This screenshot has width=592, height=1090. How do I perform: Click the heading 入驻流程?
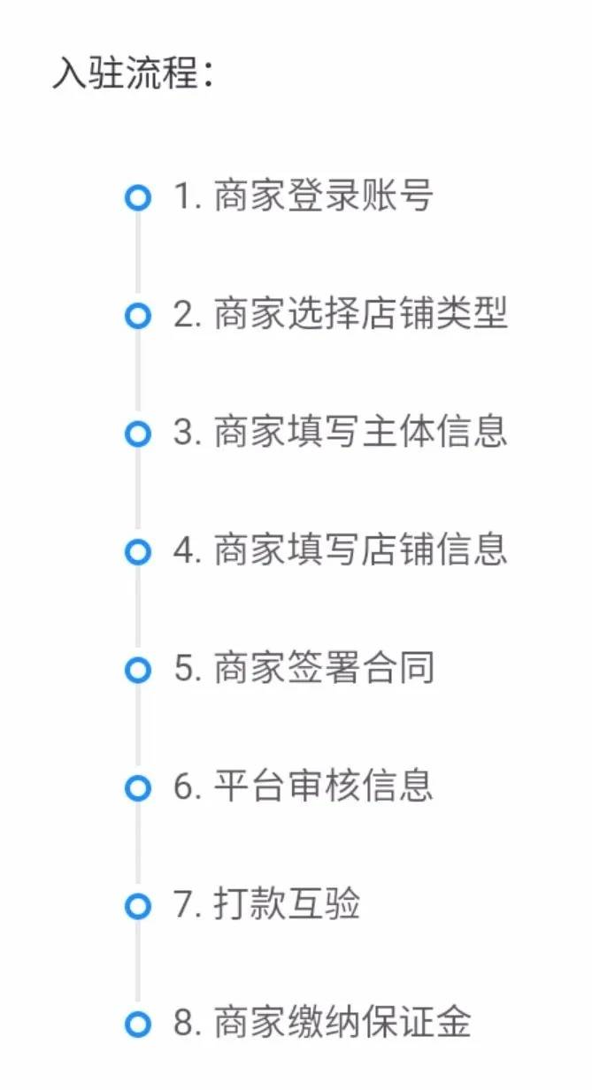click(x=125, y=73)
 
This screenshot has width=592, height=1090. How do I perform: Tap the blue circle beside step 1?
click(x=138, y=197)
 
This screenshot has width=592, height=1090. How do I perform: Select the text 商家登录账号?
click(x=323, y=196)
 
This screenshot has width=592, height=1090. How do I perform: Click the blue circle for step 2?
click(x=138, y=316)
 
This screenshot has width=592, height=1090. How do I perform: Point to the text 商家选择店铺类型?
click(x=361, y=313)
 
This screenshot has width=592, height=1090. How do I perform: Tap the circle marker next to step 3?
click(x=138, y=434)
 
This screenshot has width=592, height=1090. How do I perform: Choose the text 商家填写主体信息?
click(x=361, y=431)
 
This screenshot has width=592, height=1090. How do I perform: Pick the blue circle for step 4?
click(x=138, y=552)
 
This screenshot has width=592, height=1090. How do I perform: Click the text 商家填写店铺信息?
click(x=361, y=549)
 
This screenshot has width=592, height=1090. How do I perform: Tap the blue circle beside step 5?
click(x=138, y=670)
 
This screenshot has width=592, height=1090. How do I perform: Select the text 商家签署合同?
click(x=324, y=667)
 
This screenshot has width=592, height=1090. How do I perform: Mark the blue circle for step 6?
click(x=138, y=788)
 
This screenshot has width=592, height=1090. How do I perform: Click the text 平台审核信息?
click(x=323, y=786)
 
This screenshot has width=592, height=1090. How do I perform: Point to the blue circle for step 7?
click(x=138, y=906)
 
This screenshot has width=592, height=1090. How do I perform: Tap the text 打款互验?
click(x=287, y=903)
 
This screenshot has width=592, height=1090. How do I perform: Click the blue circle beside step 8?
click(x=138, y=1025)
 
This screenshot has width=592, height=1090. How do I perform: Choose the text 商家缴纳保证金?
click(x=342, y=1021)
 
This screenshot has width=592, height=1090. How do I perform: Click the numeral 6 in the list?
click(x=183, y=787)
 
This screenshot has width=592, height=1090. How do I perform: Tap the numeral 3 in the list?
click(x=183, y=433)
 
